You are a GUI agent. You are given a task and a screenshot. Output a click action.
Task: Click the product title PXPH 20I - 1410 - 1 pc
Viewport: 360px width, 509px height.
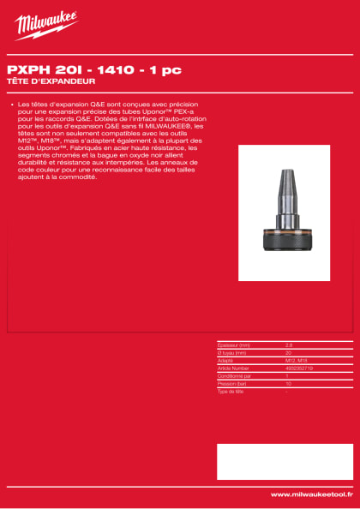tap(93, 69)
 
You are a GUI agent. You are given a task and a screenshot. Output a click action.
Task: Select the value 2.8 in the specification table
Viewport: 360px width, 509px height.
tap(289, 344)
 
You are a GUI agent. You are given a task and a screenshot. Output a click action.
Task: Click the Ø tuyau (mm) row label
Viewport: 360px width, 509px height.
tap(233, 351)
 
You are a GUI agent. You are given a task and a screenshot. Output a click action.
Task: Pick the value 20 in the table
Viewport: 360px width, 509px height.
tap(288, 351)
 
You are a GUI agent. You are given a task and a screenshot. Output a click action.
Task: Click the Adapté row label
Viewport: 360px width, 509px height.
tap(226, 359)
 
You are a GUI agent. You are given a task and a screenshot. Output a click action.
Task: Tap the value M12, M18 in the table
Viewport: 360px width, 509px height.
tap(296, 359)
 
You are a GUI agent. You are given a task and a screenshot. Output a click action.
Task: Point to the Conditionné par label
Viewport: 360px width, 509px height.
tap(236, 374)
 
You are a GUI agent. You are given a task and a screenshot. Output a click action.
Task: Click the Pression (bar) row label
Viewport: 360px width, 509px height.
tap(233, 381)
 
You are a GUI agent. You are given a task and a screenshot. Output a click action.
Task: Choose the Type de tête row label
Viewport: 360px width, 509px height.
tap(232, 389)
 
